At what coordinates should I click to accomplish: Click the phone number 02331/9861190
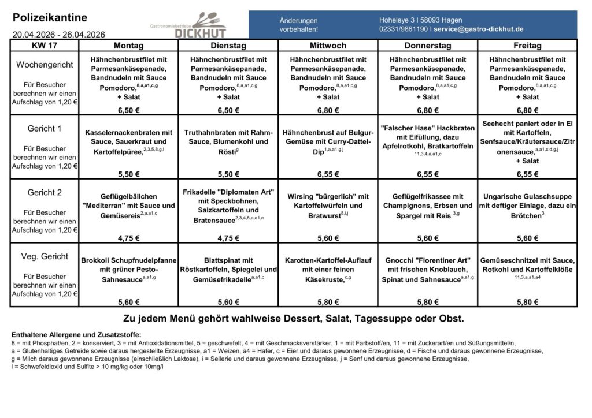404,29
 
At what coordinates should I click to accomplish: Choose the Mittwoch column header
328,46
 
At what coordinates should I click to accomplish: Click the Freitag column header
527,46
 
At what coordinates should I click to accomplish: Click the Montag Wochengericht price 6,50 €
128,110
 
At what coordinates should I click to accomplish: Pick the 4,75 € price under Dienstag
228,238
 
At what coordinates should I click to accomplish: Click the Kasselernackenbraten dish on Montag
128,142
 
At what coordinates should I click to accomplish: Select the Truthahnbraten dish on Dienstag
228,142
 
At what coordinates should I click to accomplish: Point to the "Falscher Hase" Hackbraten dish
428,137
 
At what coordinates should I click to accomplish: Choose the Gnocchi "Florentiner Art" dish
428,270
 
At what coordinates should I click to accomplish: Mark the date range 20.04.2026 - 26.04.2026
58,35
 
